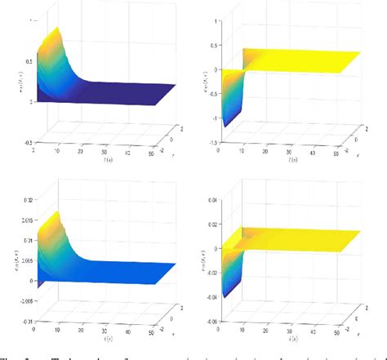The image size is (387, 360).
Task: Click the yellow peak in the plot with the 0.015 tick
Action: [56, 215]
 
